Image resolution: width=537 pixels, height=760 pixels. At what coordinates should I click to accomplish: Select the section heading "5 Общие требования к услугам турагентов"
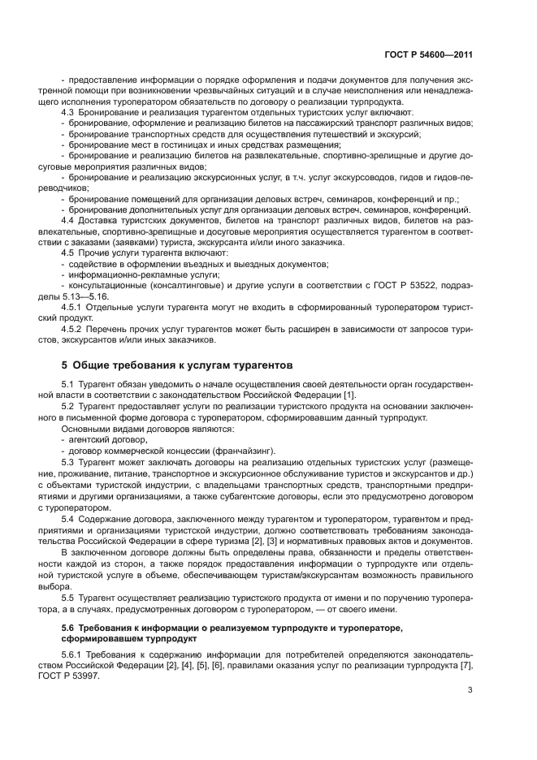[x=171, y=365]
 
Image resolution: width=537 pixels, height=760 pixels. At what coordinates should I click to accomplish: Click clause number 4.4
[x=69, y=220]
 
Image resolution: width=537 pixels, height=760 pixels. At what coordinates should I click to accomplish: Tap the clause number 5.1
[x=69, y=382]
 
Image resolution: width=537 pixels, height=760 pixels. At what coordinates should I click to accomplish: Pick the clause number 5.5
[x=69, y=597]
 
